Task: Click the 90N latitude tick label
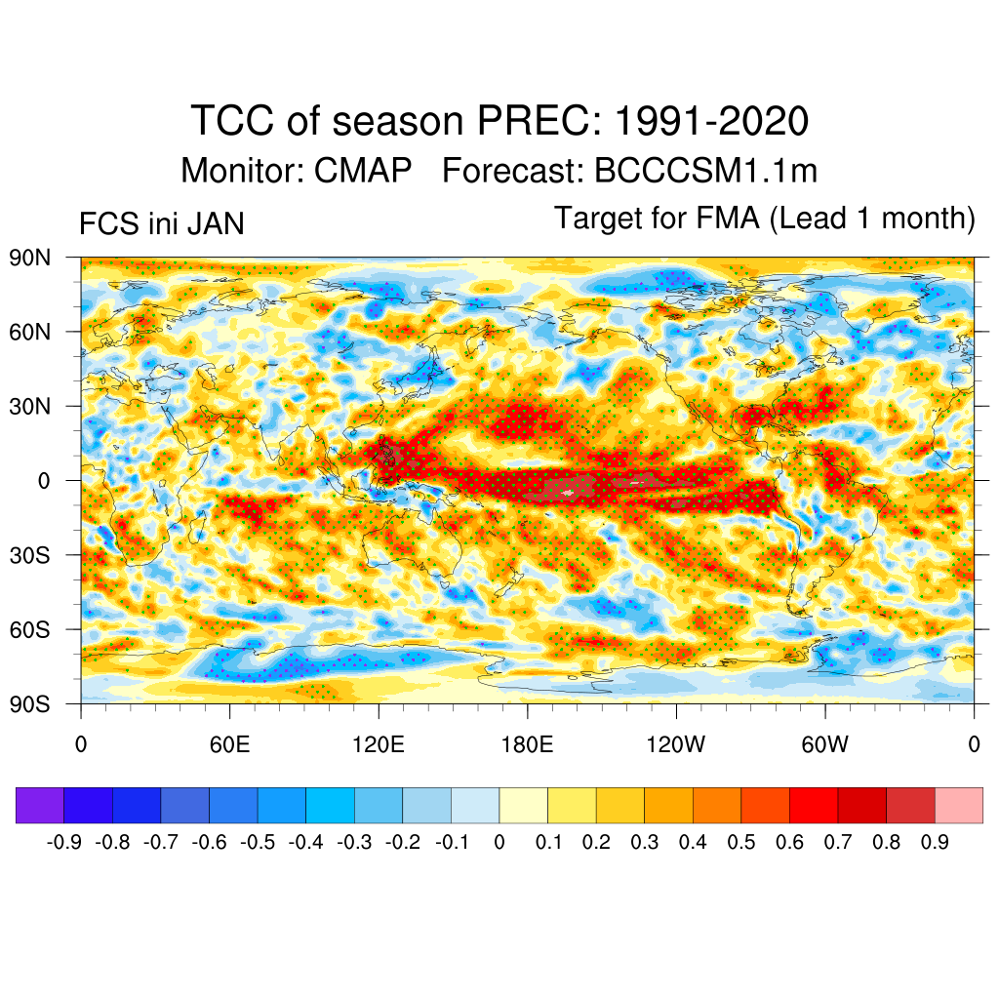[x=29, y=259]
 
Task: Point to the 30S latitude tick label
[x=29, y=555]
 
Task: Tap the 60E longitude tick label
[x=229, y=746]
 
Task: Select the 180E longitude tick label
[x=527, y=746]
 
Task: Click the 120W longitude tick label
[x=676, y=746]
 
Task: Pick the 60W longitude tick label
[x=824, y=746]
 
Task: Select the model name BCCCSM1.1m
[x=705, y=172]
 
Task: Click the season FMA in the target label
[x=727, y=219]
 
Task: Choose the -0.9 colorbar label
[x=64, y=842]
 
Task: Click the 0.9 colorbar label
[x=935, y=842]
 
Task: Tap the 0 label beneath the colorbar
[x=499, y=842]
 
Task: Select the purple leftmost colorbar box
[x=40, y=806]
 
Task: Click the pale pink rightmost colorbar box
[x=958, y=806]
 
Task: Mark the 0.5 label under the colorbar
[x=741, y=842]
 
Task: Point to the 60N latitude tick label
[x=29, y=333]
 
